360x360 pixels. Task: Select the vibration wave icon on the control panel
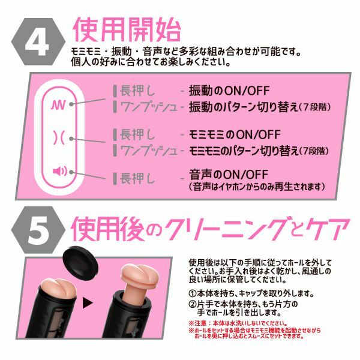click(x=58, y=104)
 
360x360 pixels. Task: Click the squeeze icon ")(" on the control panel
click(x=58, y=138)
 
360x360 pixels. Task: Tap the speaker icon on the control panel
click(x=59, y=171)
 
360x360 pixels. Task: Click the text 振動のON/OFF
click(x=229, y=91)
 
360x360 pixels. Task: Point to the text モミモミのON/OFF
click(x=235, y=134)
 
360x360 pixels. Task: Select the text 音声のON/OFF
click(x=229, y=175)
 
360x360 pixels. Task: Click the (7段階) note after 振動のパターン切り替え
click(x=314, y=107)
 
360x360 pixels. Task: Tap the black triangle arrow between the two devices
click(x=88, y=302)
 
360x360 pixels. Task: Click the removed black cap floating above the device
click(x=80, y=259)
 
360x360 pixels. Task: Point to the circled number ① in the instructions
click(x=193, y=293)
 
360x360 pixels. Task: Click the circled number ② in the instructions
click(x=193, y=304)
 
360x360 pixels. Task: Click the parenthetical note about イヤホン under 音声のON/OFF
click(x=257, y=187)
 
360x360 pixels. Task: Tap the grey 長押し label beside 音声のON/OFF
click(x=137, y=178)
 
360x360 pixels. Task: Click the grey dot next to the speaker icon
click(x=71, y=172)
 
